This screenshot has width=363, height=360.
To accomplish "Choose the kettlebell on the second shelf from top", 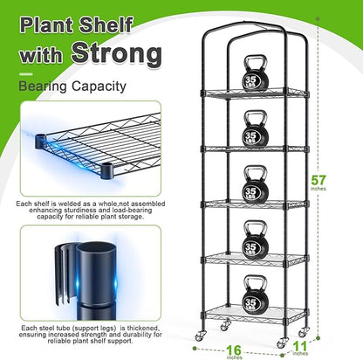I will coord(255,130).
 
